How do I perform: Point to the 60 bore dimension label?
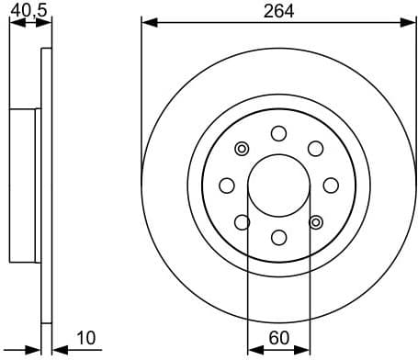point(277,338)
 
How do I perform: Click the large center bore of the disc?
point(278,185)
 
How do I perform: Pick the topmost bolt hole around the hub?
point(278,134)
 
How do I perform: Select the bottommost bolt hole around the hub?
point(278,237)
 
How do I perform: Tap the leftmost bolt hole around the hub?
point(227,186)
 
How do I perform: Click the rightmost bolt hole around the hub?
point(330,186)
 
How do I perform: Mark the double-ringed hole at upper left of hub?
point(243,149)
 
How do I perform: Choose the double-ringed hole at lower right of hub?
point(315,221)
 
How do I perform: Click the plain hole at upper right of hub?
point(315,149)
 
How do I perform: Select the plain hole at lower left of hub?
point(243,221)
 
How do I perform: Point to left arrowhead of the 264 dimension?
point(147,20)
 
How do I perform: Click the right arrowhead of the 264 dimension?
point(410,20)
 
